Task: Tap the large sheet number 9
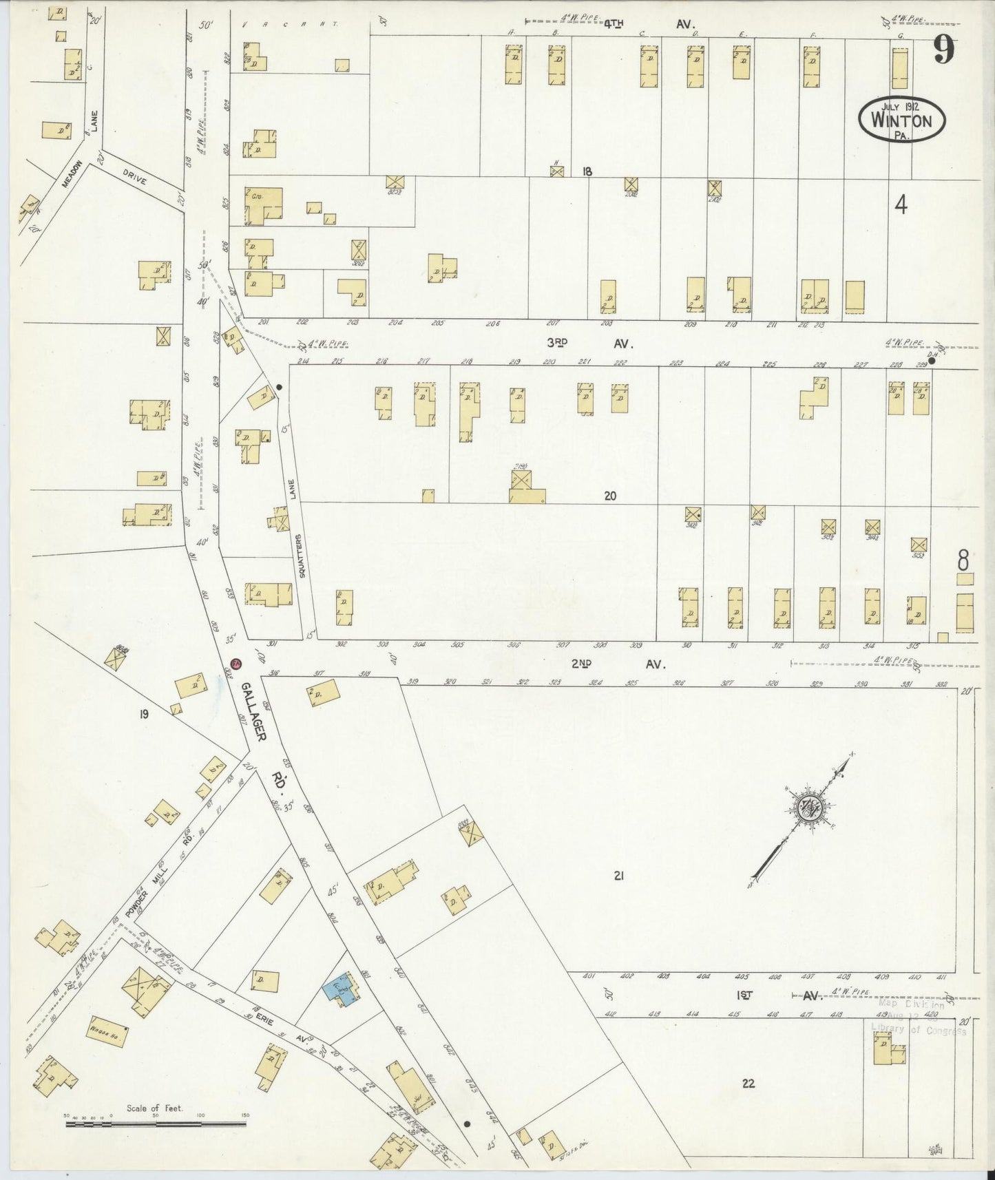click(x=944, y=50)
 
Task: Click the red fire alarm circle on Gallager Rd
click(x=235, y=664)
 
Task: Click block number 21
click(x=618, y=876)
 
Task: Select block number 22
click(x=748, y=1083)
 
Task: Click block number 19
click(x=143, y=714)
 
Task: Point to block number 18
click(x=587, y=171)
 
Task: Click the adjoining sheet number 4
click(x=901, y=204)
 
